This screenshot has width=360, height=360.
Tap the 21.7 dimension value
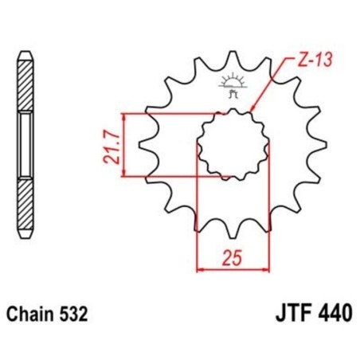tap(112, 144)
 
